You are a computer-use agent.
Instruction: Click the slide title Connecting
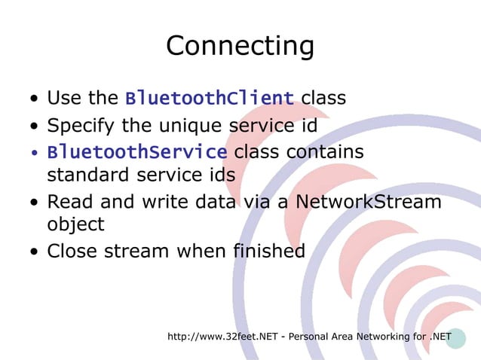pyautogui.click(x=240, y=46)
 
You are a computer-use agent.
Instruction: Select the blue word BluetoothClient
pyautogui.click(x=210, y=99)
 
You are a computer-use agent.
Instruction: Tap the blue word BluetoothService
pyautogui.click(x=137, y=153)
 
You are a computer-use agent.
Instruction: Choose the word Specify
pyautogui.click(x=78, y=126)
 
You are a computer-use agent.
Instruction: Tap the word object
pyautogui.click(x=75, y=224)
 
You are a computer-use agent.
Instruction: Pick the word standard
pyautogui.click(x=83, y=175)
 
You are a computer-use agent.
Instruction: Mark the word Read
pyautogui.click(x=68, y=202)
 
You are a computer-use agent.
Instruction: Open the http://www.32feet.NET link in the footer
pyautogui.click(x=223, y=336)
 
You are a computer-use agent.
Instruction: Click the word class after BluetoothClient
pyautogui.click(x=323, y=99)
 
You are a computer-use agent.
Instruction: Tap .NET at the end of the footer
pyautogui.click(x=440, y=336)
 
